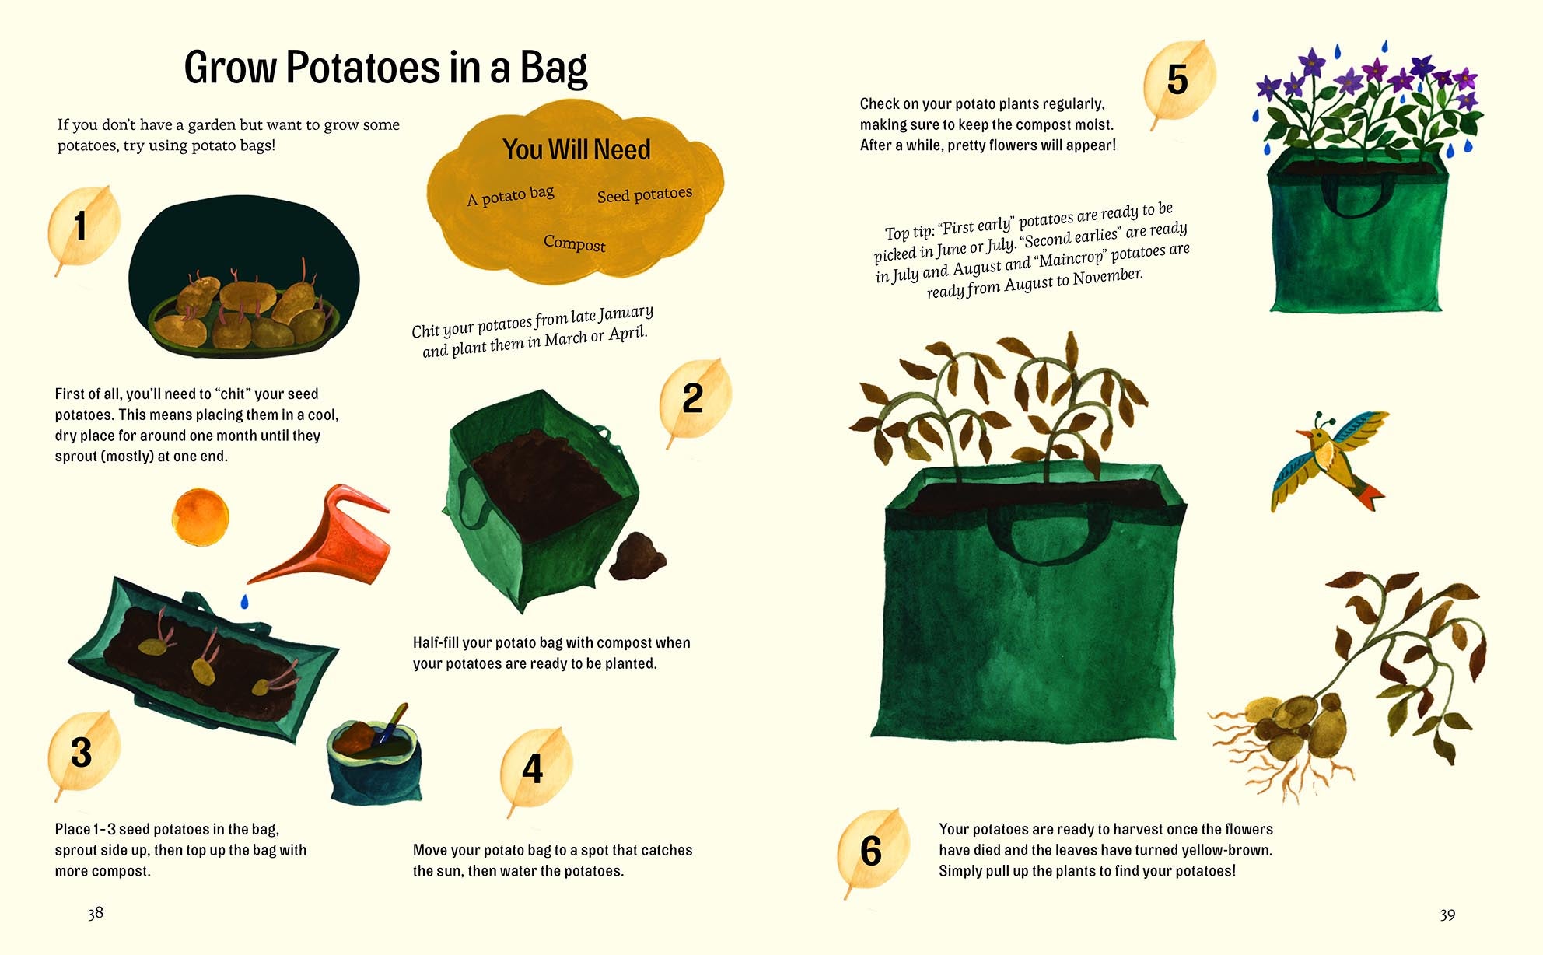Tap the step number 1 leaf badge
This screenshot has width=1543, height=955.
(x=83, y=227)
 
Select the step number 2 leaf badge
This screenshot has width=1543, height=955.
(x=694, y=400)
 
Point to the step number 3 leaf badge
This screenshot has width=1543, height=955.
(x=83, y=753)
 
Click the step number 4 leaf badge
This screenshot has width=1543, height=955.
(x=535, y=769)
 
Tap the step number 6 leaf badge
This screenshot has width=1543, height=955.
(x=873, y=851)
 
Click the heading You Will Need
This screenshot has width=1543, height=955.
(x=576, y=149)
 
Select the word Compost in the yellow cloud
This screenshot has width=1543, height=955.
(x=574, y=243)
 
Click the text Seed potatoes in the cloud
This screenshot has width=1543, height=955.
(x=645, y=194)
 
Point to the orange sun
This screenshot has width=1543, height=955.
(x=201, y=517)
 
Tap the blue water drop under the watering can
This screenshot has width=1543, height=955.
(x=244, y=601)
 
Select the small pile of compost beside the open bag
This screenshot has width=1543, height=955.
(x=638, y=556)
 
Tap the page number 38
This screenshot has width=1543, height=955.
(x=96, y=913)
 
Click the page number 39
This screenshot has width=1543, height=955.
(x=1447, y=915)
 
